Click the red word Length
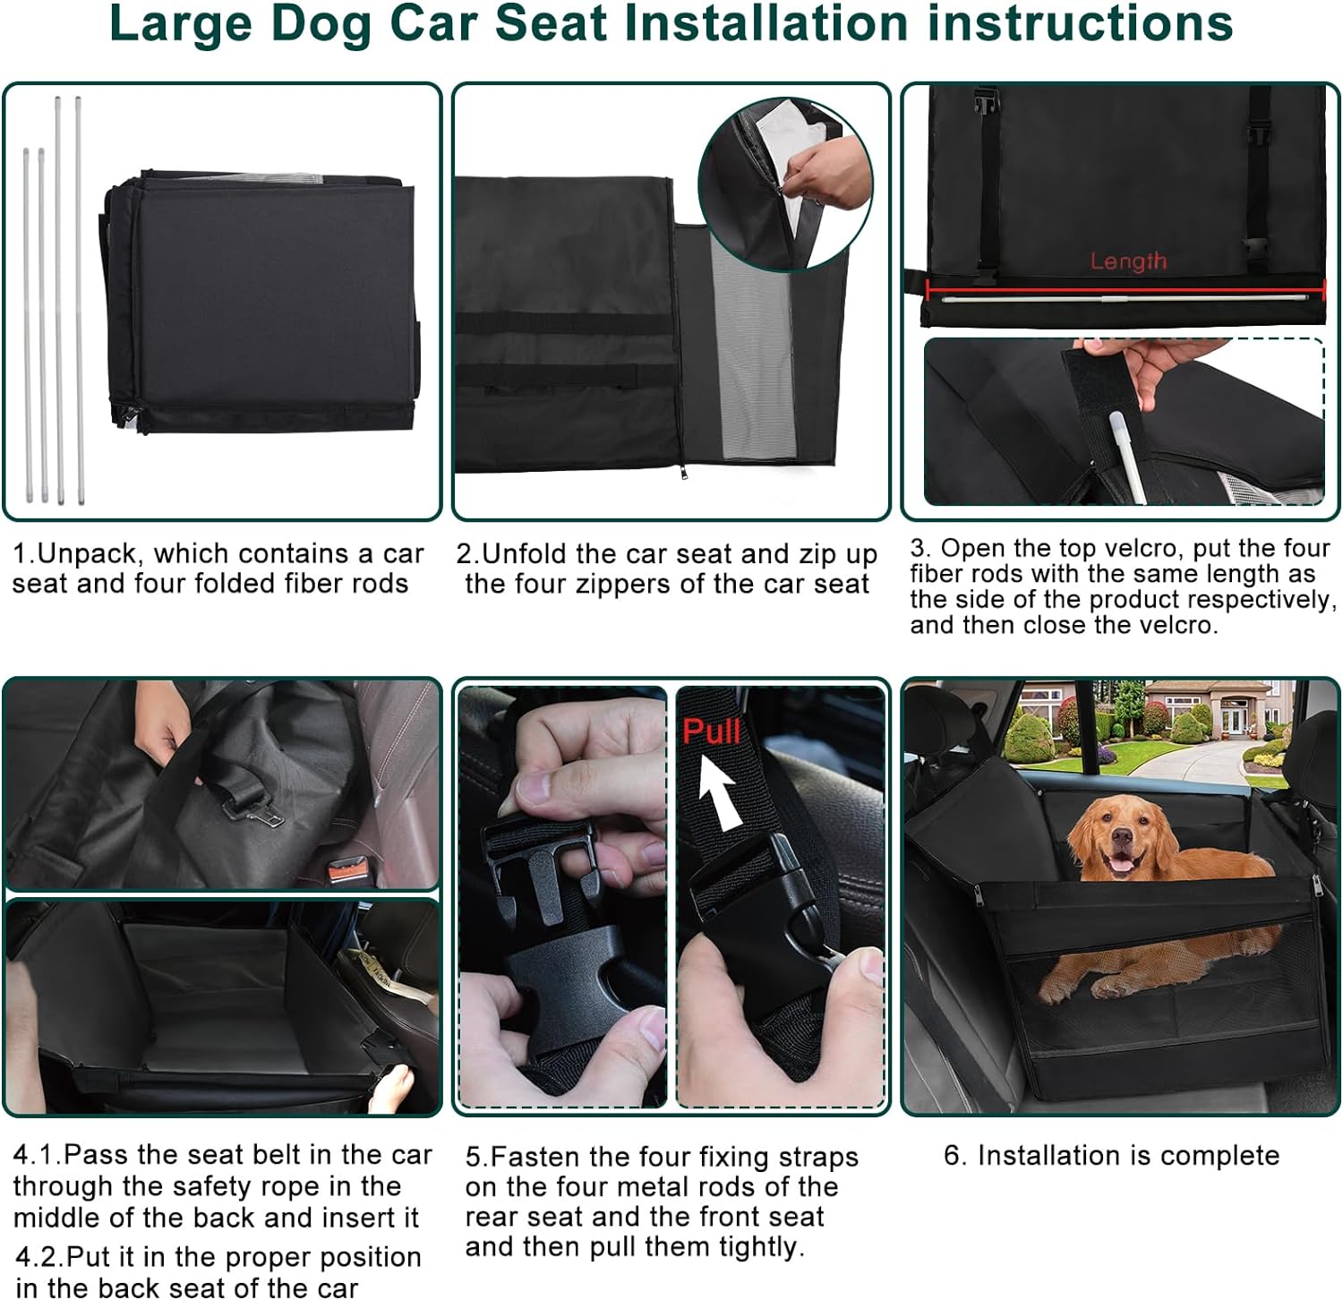[1127, 261]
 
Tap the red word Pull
[711, 731]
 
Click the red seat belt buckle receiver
[349, 868]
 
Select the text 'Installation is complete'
[1127, 1156]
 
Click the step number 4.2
[37, 1257]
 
